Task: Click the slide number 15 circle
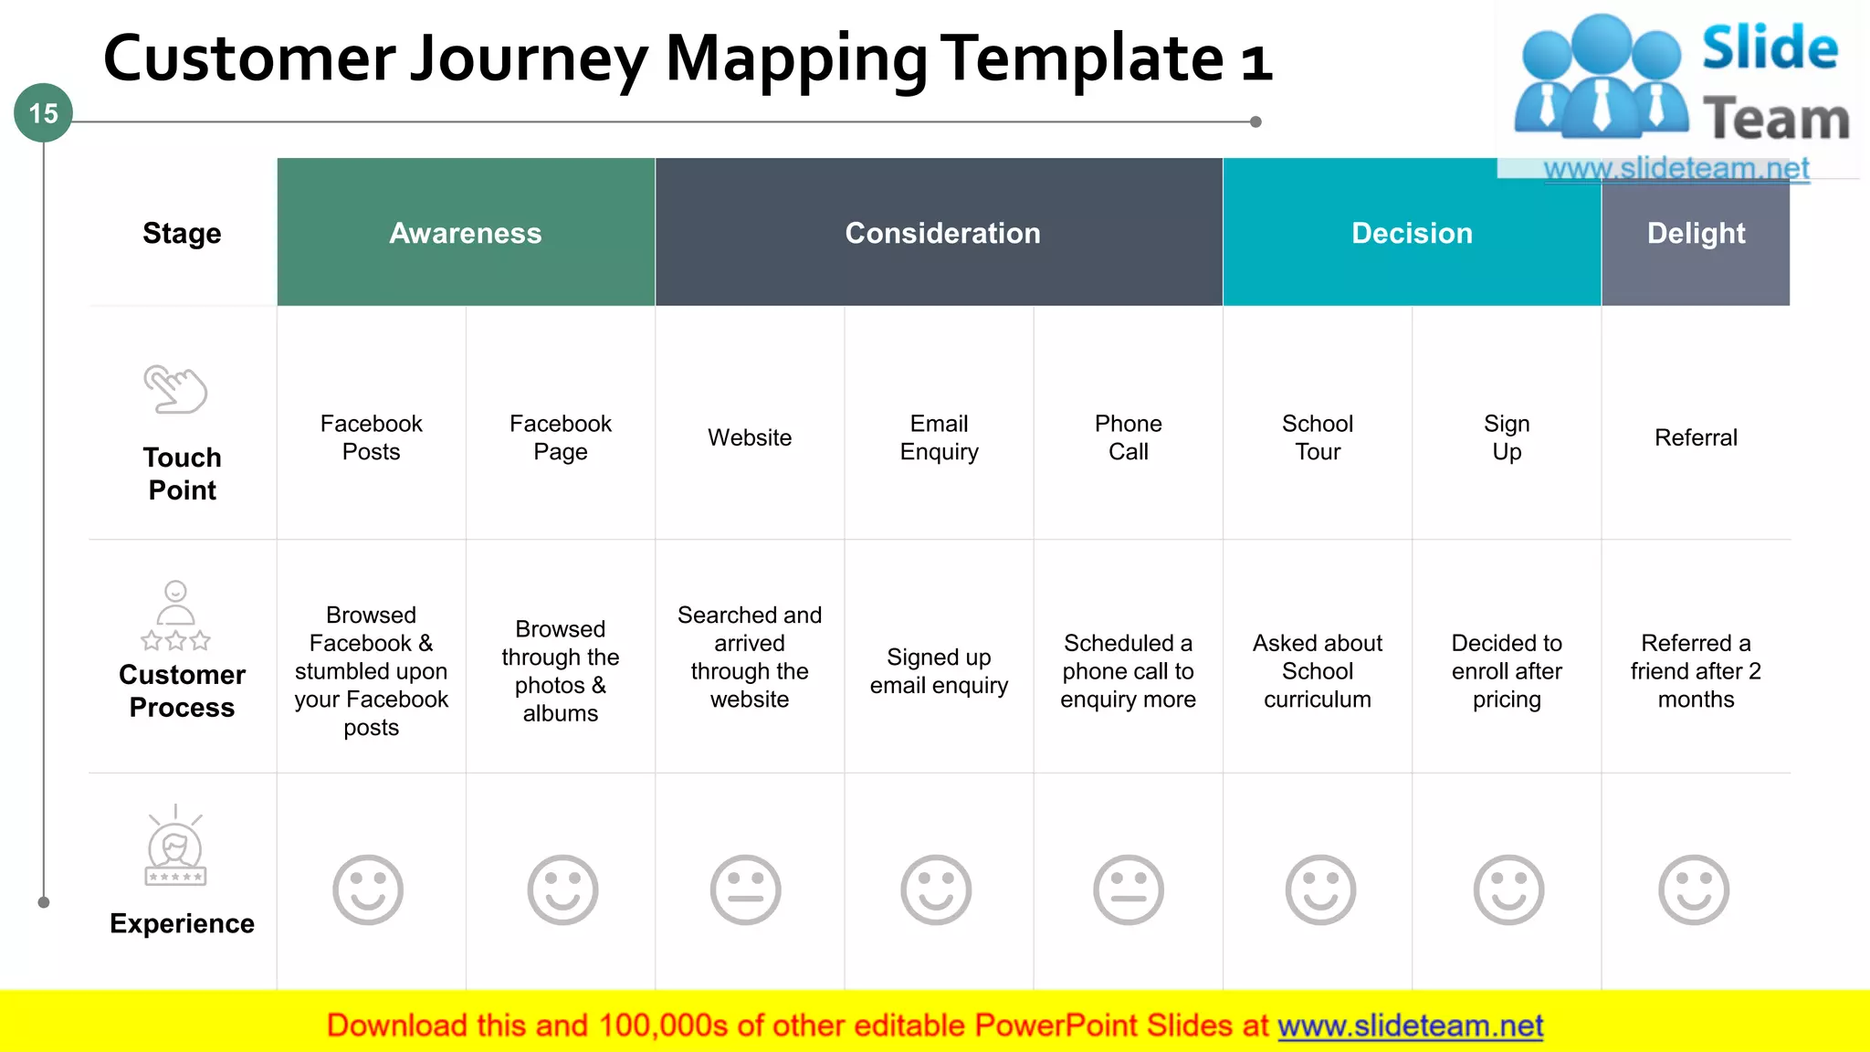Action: [43, 113]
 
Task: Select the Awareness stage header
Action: [466, 233]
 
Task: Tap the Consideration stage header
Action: [942, 233]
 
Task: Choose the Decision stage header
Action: [1412, 233]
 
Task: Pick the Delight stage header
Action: [1696, 233]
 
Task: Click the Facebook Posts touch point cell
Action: [372, 437]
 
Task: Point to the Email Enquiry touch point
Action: [939, 437]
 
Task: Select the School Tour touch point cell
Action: [1318, 437]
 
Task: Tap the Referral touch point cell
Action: [1696, 437]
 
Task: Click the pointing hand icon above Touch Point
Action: [175, 389]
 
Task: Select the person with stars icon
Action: [175, 615]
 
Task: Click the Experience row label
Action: [182, 923]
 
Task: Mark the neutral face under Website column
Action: [746, 889]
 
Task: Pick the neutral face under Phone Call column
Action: [1129, 889]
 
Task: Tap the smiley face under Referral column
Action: [1694, 889]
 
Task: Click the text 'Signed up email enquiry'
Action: [939, 671]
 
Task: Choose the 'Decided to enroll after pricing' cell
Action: [1507, 671]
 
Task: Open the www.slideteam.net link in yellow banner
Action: [1410, 1026]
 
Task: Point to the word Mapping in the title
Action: [795, 59]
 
